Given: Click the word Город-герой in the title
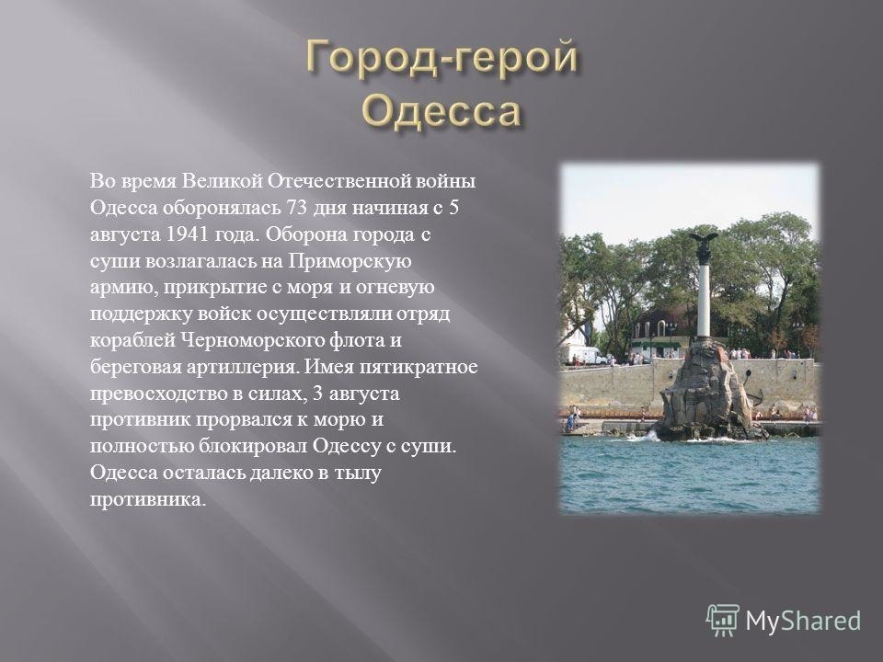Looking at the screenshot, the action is click(x=442, y=58).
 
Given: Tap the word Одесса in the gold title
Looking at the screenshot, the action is click(x=441, y=110).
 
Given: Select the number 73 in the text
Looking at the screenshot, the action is click(x=297, y=208).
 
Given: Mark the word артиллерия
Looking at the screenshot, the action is click(x=241, y=368).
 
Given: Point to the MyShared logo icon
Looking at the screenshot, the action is click(x=723, y=620).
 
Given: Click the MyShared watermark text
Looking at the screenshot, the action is click(x=803, y=621).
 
